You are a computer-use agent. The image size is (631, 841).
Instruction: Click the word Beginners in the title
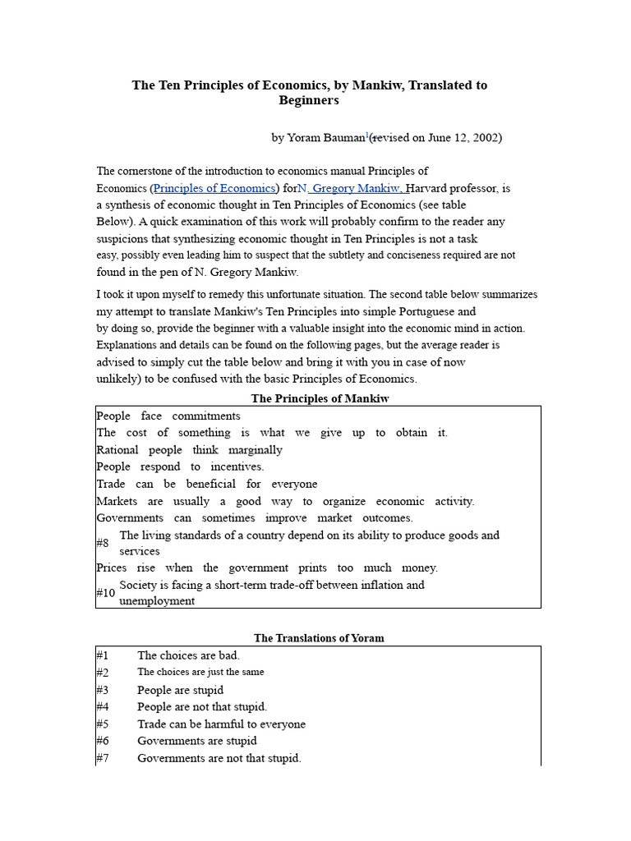(309, 101)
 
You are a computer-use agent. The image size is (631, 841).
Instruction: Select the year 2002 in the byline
(484, 138)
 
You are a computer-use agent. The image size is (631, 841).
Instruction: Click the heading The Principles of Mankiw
(319, 398)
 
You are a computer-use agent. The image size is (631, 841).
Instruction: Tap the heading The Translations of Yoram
(319, 637)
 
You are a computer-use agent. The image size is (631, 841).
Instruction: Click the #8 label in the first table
(103, 544)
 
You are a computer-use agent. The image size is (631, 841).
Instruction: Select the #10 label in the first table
(105, 593)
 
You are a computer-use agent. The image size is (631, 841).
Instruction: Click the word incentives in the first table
(238, 466)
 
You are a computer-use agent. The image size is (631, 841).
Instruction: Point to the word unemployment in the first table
(157, 601)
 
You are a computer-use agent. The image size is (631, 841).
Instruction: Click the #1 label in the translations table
(103, 655)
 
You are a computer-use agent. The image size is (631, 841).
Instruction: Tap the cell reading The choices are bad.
(188, 655)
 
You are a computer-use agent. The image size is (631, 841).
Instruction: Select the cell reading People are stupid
(180, 690)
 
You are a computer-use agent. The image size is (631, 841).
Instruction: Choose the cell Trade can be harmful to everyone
(221, 724)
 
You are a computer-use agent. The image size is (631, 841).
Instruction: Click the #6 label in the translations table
(103, 741)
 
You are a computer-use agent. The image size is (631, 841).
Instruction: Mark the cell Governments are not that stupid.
(219, 758)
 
